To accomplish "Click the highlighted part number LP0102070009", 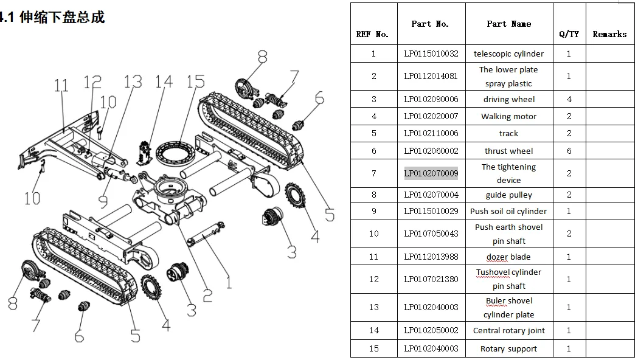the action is click(431, 173).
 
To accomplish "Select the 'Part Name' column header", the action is click(508, 24).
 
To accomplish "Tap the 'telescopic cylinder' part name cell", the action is click(508, 54).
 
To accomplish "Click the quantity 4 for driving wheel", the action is click(569, 99).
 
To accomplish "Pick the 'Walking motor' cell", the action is click(508, 116).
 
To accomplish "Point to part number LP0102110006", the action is click(431, 133).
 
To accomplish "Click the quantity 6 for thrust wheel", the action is click(569, 151).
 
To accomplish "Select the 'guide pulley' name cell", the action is click(508, 195).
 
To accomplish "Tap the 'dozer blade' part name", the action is click(508, 257).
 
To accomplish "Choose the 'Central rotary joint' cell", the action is click(508, 331).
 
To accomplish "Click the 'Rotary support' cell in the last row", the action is click(508, 349).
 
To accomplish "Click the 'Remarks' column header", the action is click(609, 34).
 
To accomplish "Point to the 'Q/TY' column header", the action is click(569, 34).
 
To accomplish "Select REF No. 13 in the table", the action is click(373, 307).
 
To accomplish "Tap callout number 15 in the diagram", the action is click(196, 81).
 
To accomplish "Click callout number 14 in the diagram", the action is click(164, 81).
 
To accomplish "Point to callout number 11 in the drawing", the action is click(61, 85).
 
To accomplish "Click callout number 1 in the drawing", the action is click(229, 282).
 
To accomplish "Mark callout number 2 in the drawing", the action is click(207, 296).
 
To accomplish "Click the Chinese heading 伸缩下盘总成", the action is click(62, 17).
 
